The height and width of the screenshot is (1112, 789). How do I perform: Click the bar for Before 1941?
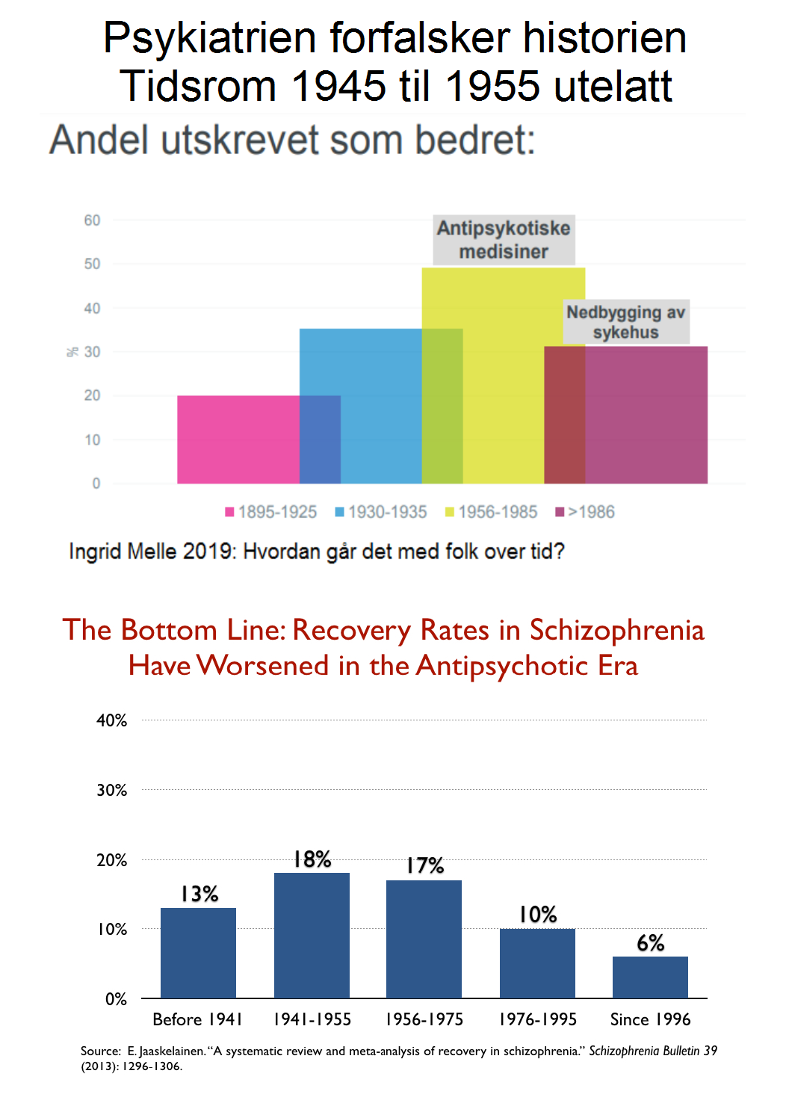click(x=198, y=953)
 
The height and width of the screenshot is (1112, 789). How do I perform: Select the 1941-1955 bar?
click(x=312, y=935)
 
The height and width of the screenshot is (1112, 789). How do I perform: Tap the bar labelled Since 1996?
click(x=650, y=977)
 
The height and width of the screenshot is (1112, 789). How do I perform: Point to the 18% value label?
click(x=312, y=859)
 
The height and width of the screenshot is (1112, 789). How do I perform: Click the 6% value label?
click(x=650, y=943)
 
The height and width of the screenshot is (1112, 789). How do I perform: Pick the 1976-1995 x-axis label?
click(x=538, y=1019)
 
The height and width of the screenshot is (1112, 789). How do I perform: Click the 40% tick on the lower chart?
click(x=112, y=720)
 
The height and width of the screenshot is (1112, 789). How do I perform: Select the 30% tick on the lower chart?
click(x=112, y=790)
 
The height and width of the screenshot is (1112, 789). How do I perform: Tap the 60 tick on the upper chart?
click(x=92, y=220)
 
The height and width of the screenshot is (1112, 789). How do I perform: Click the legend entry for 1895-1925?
click(x=271, y=512)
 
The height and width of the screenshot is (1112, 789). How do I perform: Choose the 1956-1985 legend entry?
click(x=492, y=512)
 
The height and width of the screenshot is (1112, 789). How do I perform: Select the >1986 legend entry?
click(x=585, y=512)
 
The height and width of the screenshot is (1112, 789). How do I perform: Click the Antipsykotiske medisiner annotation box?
click(x=504, y=240)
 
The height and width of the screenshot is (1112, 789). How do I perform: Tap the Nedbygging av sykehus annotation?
click(x=626, y=322)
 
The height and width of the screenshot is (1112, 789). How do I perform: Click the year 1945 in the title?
click(x=338, y=86)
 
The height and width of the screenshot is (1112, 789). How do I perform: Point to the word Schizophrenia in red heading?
click(x=617, y=630)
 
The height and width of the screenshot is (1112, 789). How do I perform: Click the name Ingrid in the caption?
click(x=96, y=552)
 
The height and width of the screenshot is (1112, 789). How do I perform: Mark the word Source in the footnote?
click(x=100, y=1051)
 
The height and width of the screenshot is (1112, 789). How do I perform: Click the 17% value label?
click(x=425, y=866)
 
